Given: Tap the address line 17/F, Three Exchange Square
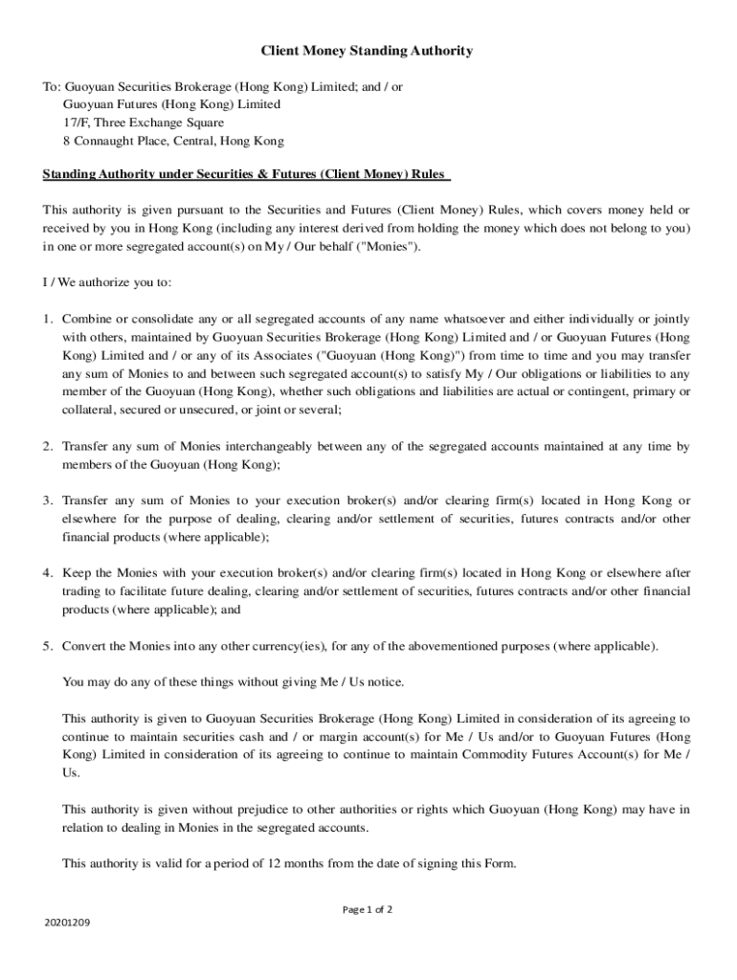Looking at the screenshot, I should tap(144, 122).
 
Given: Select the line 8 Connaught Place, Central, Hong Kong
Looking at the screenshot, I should tap(173, 141).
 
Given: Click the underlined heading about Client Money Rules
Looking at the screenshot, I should tap(246, 175).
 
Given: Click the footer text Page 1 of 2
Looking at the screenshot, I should tap(368, 910).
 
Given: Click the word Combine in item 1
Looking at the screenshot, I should tap(86, 319).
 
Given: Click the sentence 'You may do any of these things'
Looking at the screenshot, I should tap(234, 682).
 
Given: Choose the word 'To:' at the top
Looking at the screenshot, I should tap(52, 86).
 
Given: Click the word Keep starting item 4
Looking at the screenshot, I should tap(76, 573).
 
